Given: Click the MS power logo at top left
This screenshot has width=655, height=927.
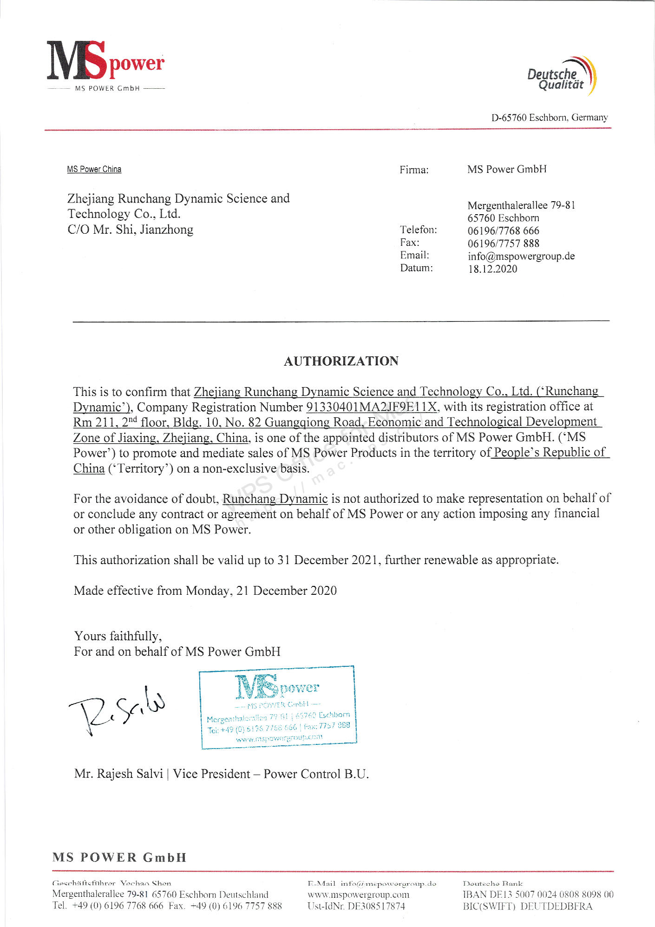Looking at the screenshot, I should [x=105, y=65].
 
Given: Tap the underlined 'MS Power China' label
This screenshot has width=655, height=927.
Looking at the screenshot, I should [x=94, y=169].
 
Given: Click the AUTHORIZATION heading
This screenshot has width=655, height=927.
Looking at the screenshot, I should [x=341, y=361].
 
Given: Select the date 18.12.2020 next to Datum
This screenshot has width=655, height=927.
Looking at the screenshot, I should [x=492, y=269].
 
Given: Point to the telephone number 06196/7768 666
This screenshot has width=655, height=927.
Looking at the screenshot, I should [x=503, y=231].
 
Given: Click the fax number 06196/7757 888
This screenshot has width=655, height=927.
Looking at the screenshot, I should [x=503, y=243].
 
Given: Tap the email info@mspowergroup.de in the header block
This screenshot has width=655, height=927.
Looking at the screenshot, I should [x=521, y=256].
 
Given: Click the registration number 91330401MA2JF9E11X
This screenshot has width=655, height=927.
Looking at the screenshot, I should [x=372, y=407].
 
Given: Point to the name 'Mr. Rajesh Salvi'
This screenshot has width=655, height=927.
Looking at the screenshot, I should [x=118, y=774].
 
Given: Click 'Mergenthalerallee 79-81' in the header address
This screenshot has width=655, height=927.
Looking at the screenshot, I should [x=521, y=205].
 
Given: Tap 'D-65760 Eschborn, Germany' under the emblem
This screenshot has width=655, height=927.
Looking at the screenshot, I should [x=549, y=118].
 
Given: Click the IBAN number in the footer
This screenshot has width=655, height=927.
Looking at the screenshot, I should [x=538, y=894].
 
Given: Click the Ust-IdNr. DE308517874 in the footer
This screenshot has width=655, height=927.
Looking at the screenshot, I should [x=356, y=907].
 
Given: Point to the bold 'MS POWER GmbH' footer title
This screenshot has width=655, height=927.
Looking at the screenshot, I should [x=119, y=857].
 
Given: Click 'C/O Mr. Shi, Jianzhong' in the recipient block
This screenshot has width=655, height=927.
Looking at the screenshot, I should [x=130, y=230].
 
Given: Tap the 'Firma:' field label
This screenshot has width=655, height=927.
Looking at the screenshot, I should [x=414, y=170].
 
